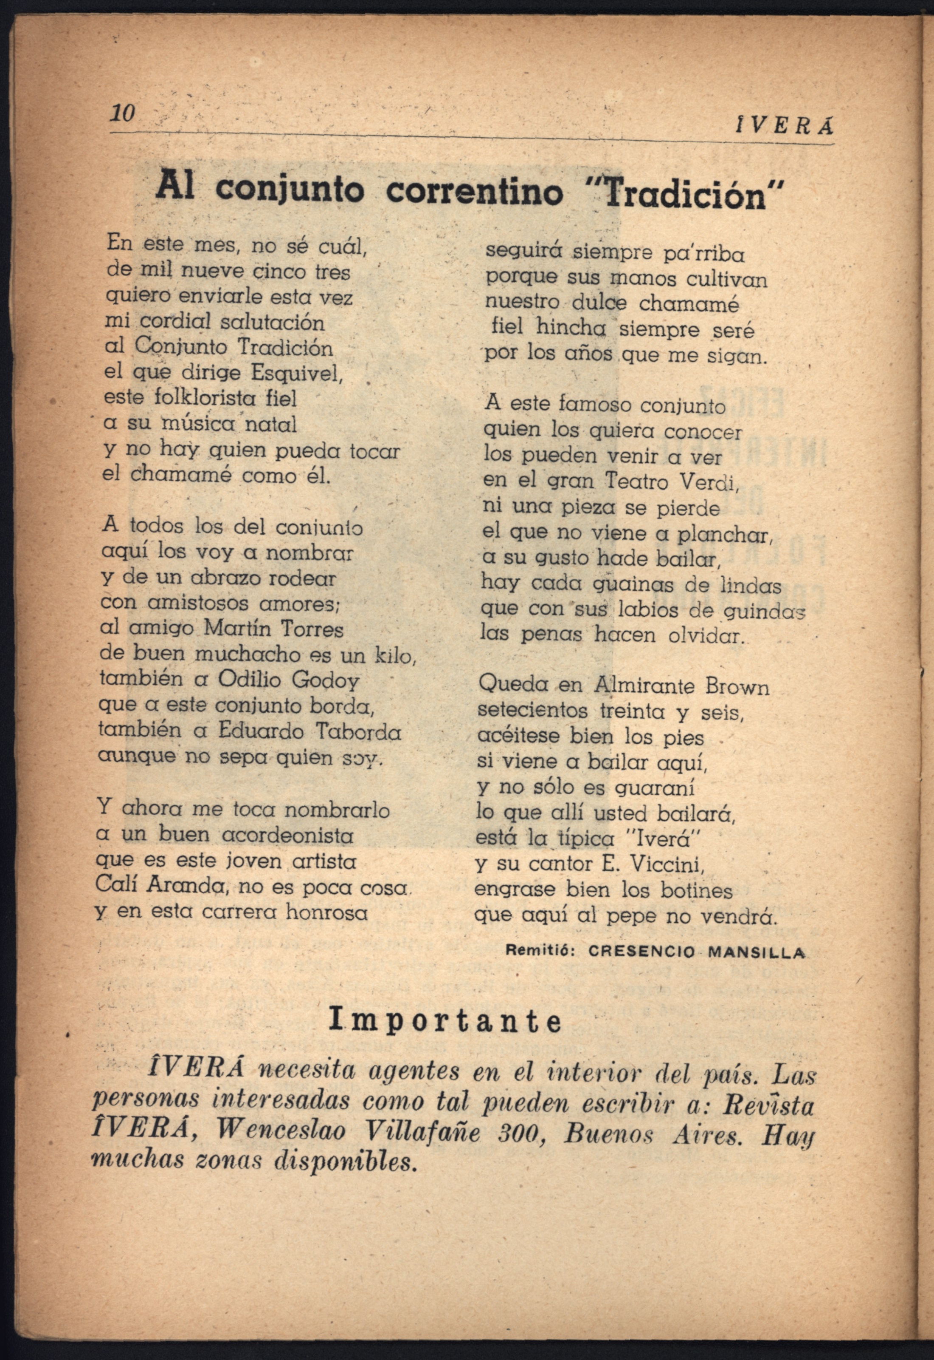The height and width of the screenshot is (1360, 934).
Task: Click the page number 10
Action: [122, 113]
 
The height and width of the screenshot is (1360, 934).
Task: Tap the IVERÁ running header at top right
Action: [785, 126]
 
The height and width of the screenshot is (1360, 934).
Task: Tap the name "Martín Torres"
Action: [273, 629]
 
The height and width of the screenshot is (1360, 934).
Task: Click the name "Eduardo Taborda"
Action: [309, 731]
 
